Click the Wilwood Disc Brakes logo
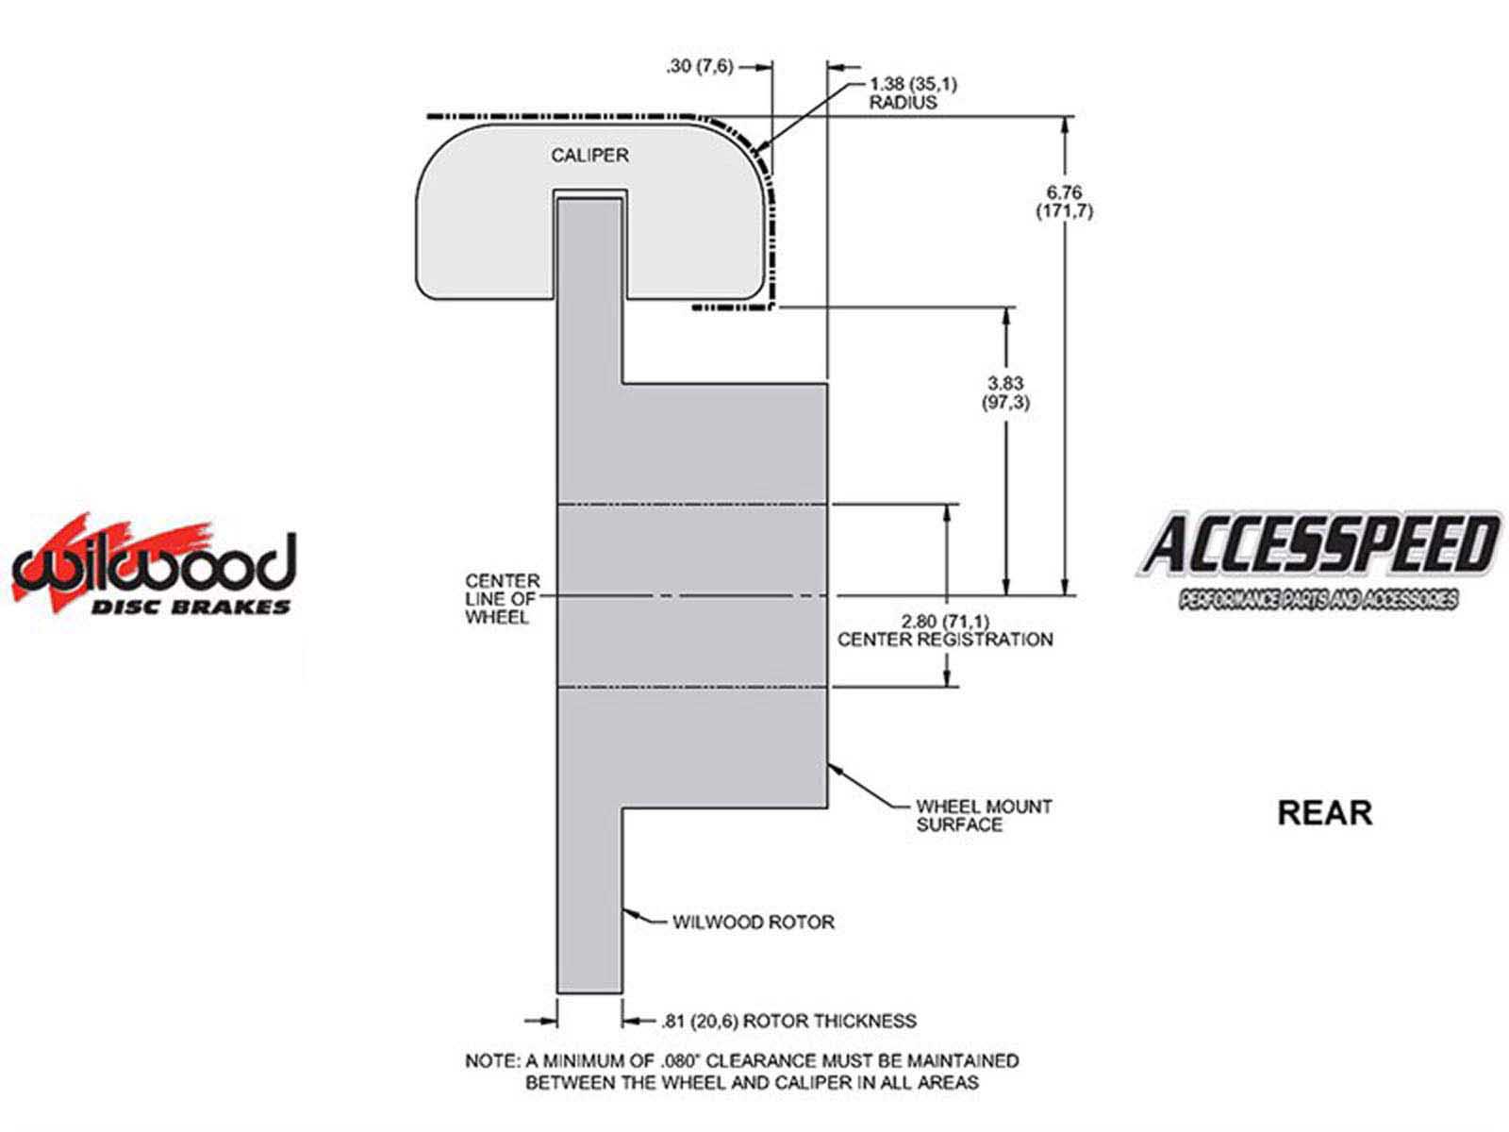pyautogui.click(x=154, y=565)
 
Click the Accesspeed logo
pyautogui.click(x=1318, y=560)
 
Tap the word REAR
pyautogui.click(x=1325, y=813)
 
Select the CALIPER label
pyautogui.click(x=589, y=156)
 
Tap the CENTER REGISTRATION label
pyautogui.click(x=945, y=640)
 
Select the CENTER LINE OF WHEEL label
pyautogui.click(x=502, y=599)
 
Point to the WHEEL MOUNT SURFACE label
pyautogui.click(x=984, y=816)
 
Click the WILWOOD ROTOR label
pyautogui.click(x=754, y=923)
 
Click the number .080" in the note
pyautogui.click(x=688, y=1060)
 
